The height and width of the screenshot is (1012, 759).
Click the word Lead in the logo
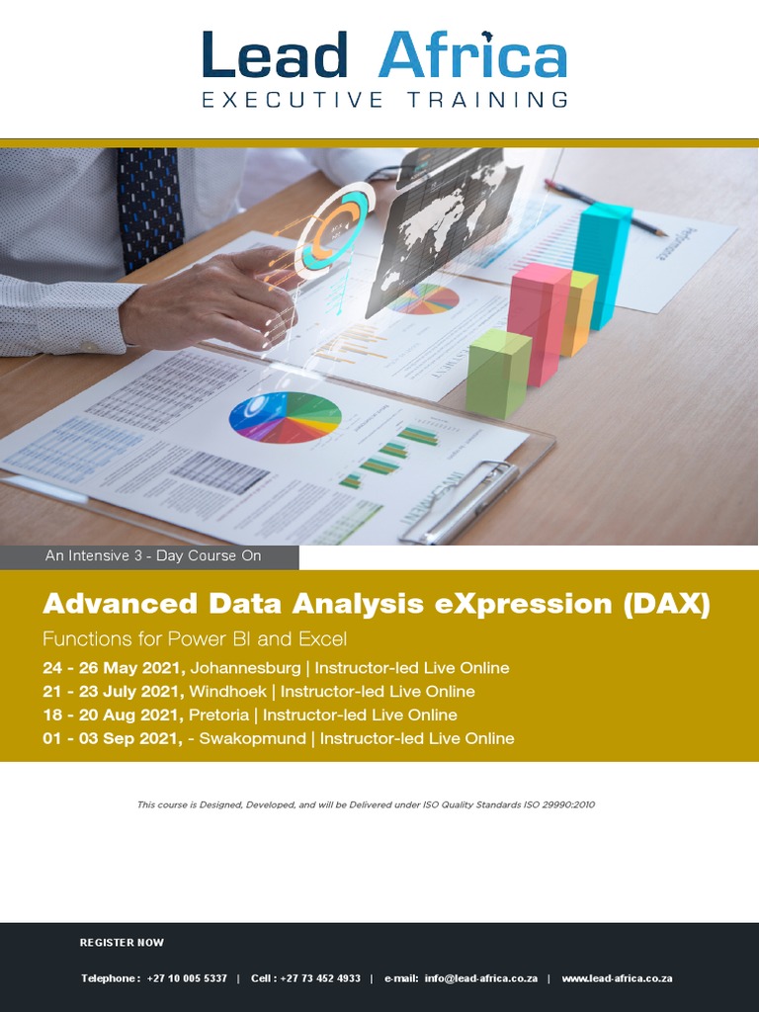275,55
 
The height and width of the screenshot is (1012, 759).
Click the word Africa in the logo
472,55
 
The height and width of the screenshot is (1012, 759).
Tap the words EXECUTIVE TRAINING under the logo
384,100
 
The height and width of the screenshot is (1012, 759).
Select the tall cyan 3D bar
601,262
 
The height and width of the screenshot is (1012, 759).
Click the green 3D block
498,373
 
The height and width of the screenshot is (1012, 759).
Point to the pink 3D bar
538,322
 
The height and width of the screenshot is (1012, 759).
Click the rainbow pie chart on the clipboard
285,417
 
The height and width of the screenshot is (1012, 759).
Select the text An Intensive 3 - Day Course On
153,556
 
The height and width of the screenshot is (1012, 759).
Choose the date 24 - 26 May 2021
114,668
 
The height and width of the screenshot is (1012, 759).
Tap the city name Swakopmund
253,738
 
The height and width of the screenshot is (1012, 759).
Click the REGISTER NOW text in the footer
122,943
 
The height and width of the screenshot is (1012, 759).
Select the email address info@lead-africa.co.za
481,978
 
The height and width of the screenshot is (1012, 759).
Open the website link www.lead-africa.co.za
617,978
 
